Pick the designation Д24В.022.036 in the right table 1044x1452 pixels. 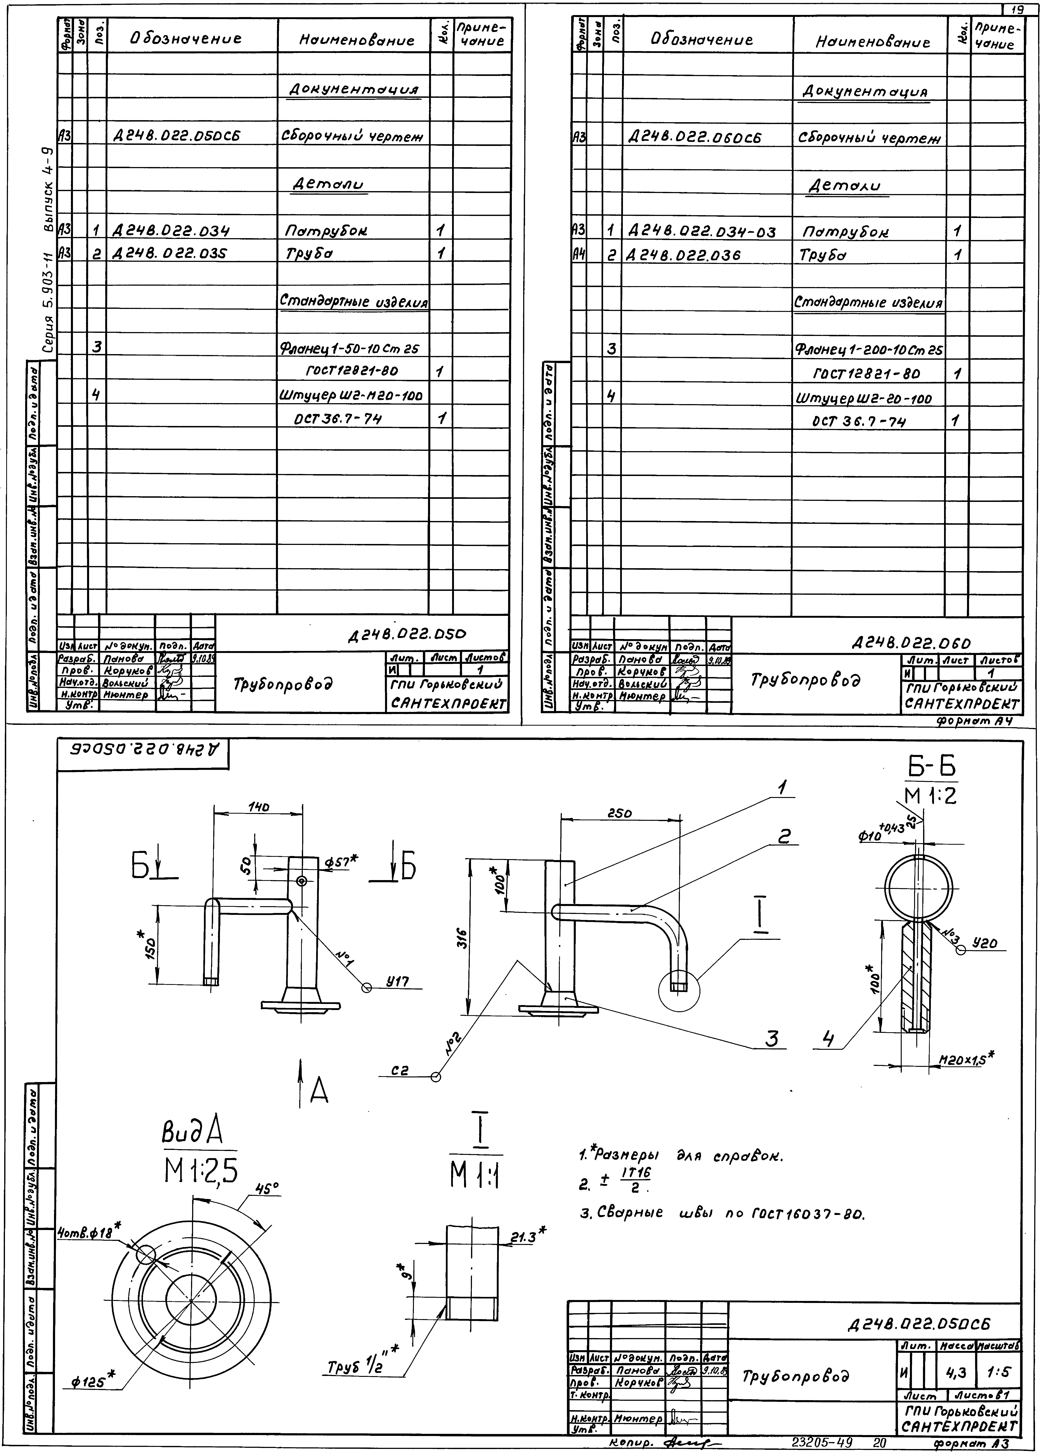(x=684, y=255)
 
